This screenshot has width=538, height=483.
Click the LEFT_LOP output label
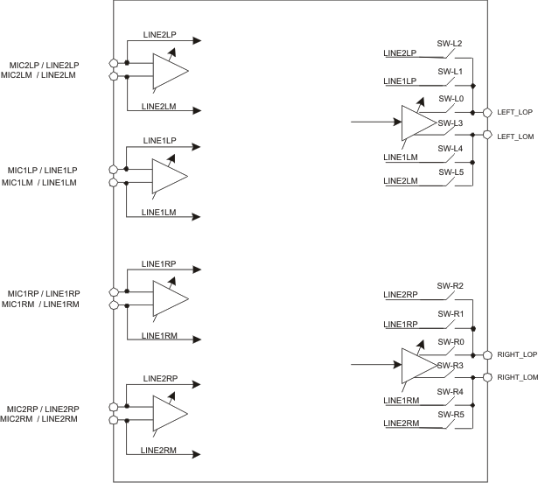[x=514, y=112]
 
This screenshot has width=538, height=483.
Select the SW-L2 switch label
[x=450, y=43]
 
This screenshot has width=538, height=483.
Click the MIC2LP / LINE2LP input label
[x=44, y=65]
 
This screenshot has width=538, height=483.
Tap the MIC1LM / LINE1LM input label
[x=40, y=182]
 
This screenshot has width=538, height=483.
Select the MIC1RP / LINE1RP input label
[x=44, y=293]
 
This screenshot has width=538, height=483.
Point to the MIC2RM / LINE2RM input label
[x=40, y=420]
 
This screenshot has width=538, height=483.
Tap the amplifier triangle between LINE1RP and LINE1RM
[x=169, y=298]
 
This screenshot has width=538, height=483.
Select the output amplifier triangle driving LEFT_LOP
[x=417, y=123]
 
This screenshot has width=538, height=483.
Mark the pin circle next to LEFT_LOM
[x=487, y=135]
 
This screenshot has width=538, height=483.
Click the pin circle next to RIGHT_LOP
[x=487, y=355]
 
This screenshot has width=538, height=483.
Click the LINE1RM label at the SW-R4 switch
[x=402, y=401]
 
